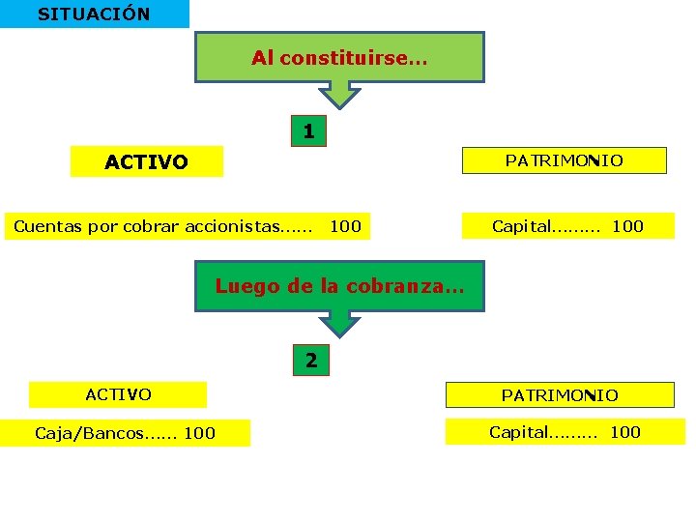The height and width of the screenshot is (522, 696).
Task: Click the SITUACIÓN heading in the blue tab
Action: (94, 14)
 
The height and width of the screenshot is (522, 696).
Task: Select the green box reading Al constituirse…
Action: (339, 58)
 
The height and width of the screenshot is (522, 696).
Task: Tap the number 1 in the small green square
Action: (308, 130)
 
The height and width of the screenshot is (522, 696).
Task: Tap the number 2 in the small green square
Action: (310, 361)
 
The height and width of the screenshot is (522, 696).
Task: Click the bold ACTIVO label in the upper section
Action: (146, 161)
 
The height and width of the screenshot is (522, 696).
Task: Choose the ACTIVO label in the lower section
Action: (118, 394)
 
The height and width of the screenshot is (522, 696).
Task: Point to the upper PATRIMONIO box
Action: (564, 160)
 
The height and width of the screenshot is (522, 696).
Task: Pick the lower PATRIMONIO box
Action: (559, 395)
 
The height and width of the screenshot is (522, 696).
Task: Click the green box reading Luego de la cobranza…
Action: (339, 286)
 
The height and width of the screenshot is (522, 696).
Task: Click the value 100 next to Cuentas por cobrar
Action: (345, 227)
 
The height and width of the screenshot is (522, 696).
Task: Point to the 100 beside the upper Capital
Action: (627, 227)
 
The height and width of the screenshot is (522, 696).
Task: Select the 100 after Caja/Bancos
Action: (199, 433)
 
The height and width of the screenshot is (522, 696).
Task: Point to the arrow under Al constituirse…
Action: (339, 95)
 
